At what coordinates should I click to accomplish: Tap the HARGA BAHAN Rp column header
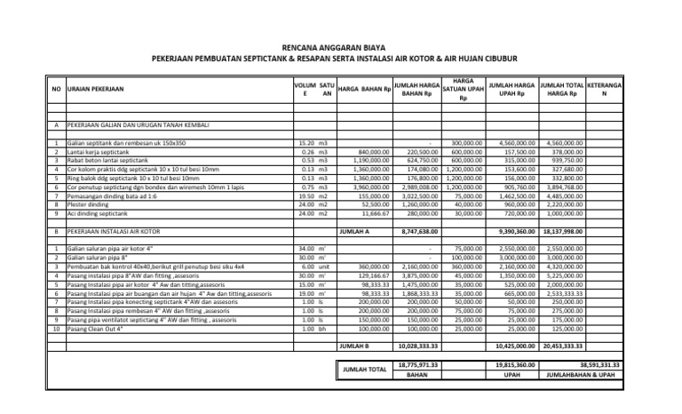click(x=365, y=89)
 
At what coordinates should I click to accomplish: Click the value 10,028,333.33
click(x=416, y=345)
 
